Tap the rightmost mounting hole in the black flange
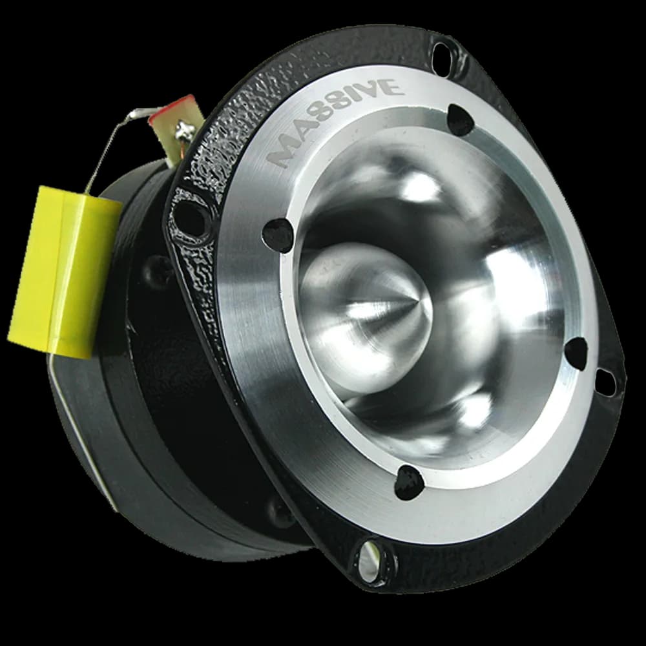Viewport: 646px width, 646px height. point(605,382)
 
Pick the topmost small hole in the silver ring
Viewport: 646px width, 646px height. point(460,120)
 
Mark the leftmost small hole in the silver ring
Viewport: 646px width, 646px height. point(278,234)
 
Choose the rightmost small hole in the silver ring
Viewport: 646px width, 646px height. point(576,353)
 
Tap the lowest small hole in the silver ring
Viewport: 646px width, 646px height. point(410,482)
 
